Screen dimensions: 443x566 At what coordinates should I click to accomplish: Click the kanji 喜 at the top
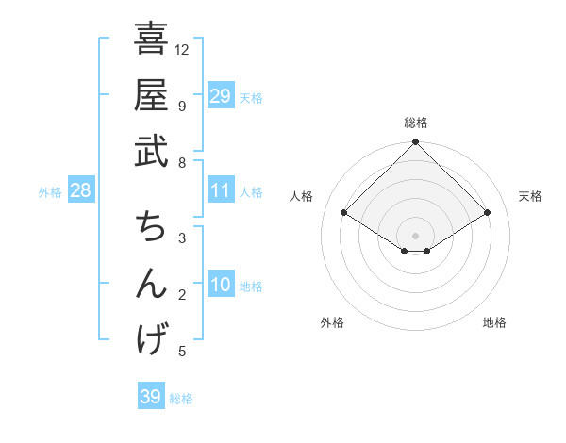click(x=150, y=41)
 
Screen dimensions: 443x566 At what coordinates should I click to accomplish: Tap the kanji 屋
click(x=150, y=95)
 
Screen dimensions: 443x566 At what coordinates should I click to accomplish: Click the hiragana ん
click(x=150, y=284)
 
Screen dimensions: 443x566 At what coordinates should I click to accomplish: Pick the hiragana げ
click(x=150, y=339)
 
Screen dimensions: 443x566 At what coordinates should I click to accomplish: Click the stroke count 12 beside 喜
click(x=182, y=49)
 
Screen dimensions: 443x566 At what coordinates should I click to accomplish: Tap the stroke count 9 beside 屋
click(x=181, y=106)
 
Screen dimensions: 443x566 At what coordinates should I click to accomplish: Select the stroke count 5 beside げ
click(x=181, y=352)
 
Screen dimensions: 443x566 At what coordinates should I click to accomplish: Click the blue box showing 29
click(x=220, y=95)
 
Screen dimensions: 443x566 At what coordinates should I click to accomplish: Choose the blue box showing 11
click(x=220, y=190)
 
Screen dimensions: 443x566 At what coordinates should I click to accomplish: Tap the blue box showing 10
click(x=220, y=285)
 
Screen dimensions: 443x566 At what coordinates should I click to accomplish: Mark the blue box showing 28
click(x=81, y=190)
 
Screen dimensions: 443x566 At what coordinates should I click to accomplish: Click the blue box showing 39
click(x=150, y=397)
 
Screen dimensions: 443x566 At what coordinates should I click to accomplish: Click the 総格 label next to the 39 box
click(x=181, y=399)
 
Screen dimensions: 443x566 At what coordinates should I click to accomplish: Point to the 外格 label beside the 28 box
click(x=50, y=192)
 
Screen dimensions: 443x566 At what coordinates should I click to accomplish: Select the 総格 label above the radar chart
click(x=416, y=123)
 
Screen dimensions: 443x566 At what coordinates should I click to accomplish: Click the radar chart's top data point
click(x=416, y=143)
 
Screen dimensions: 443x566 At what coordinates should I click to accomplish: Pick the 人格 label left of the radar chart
click(x=302, y=196)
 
